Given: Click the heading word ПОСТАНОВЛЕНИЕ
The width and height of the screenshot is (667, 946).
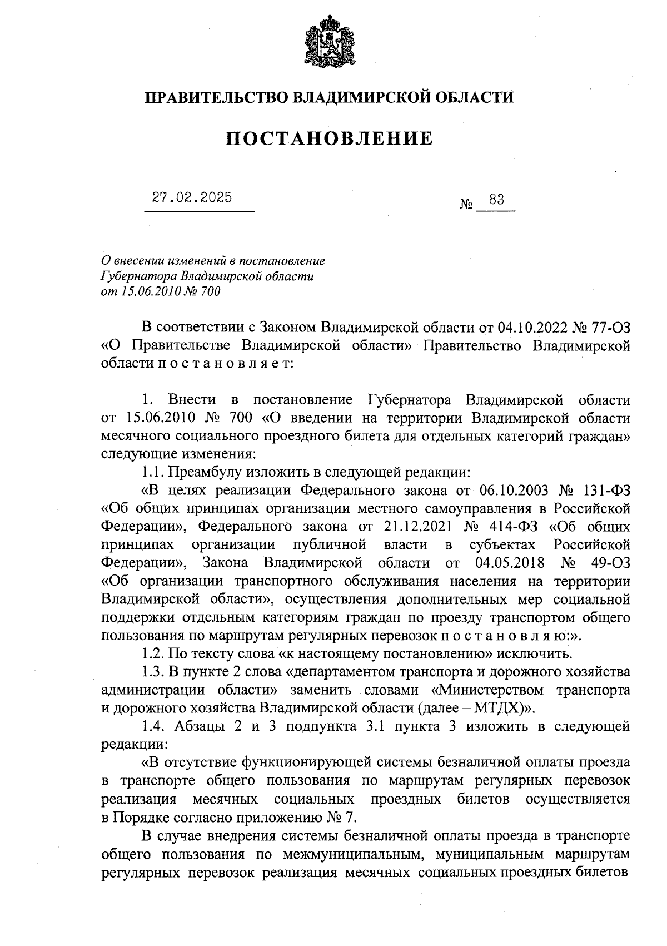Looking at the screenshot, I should (329, 138).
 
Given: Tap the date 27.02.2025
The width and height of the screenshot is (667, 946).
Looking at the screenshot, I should (192, 198).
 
